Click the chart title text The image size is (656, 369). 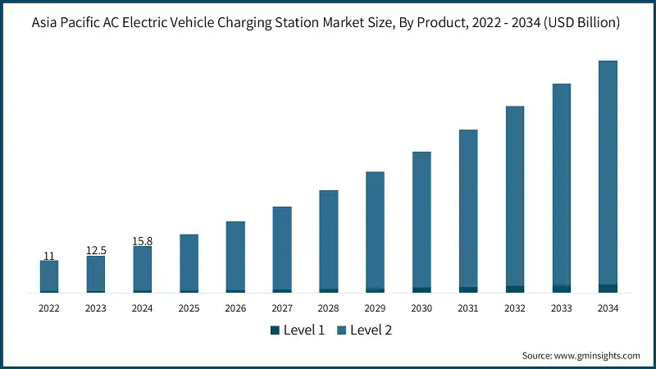point(328,24)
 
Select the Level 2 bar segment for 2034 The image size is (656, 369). point(608,172)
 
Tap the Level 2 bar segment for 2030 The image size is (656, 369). point(421,219)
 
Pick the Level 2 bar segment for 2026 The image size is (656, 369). point(235,255)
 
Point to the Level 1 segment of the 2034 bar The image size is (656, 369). point(608,289)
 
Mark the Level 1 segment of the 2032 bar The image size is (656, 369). point(515,289)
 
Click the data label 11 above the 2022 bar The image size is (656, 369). point(49,256)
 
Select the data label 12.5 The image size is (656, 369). point(96,250)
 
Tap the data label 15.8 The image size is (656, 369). point(143,241)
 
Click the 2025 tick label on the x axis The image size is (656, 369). point(189,308)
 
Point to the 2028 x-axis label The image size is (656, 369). point(328,308)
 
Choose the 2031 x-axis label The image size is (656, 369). point(468,308)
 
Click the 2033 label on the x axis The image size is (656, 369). point(561,308)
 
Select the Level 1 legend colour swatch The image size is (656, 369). point(275,330)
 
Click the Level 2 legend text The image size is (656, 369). point(371,330)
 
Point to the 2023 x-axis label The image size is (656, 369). point(96,308)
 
